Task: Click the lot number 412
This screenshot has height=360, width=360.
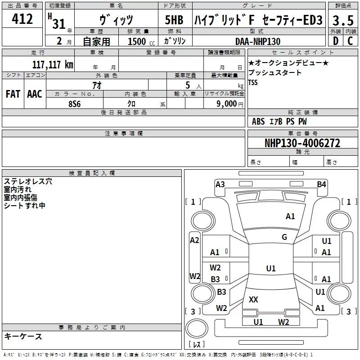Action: pos(22,18)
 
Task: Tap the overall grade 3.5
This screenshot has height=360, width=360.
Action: pos(343,20)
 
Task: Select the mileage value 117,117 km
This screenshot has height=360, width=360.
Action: pos(53,64)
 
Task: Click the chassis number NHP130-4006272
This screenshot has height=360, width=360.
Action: pos(302,143)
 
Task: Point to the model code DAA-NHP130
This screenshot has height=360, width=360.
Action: pos(258,41)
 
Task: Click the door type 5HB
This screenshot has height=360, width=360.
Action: pos(174,20)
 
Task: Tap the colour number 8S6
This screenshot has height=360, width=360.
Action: pos(75,104)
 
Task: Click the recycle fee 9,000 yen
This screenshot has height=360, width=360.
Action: pos(229,104)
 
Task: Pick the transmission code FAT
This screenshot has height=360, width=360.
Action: pos(13,94)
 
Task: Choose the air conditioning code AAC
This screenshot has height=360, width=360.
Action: pos(35,94)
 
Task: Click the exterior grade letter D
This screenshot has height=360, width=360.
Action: pos(336,41)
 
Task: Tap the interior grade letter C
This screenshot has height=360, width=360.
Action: pos(350,41)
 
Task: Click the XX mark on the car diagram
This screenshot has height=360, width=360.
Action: pos(253,299)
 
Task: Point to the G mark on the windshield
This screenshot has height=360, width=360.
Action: pos(284,237)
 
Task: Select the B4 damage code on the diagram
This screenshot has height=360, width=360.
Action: pos(321,184)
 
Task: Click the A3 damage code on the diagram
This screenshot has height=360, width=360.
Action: pos(220,184)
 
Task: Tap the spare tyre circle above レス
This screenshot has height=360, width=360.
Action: pos(197,328)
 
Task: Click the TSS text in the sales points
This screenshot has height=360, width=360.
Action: pos(253,82)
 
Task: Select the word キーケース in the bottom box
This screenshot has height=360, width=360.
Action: pos(23,336)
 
